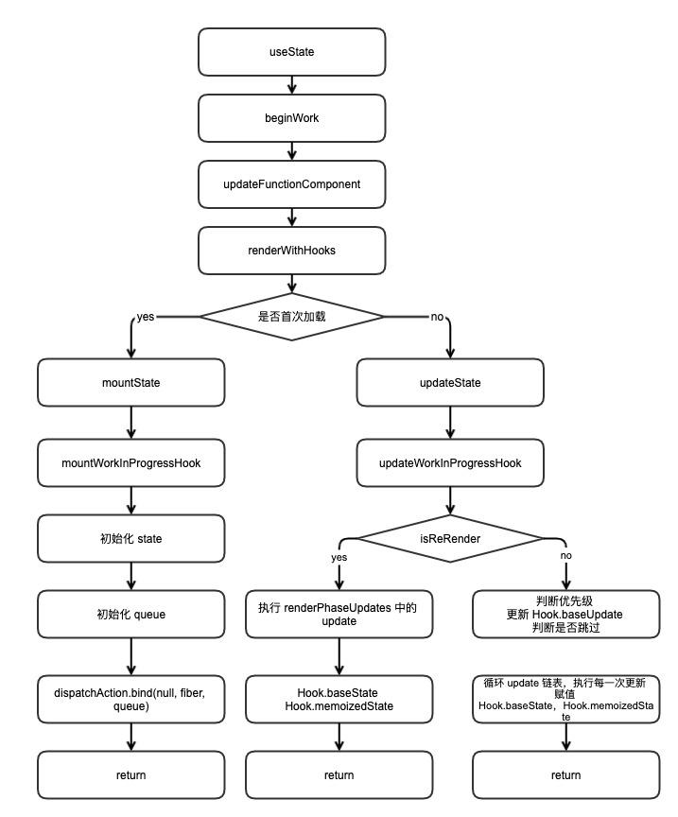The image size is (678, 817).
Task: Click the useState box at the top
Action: coord(292,51)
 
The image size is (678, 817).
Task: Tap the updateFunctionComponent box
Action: coord(292,183)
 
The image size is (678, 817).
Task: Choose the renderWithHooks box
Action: coord(292,251)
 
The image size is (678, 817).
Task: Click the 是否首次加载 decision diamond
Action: coord(292,317)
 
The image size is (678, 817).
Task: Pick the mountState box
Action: coord(131,383)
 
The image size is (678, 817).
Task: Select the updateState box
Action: coord(450,383)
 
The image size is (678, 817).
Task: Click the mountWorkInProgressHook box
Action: coord(131,462)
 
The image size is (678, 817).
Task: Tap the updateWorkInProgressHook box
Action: coord(450,462)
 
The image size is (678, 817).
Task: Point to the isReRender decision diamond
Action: coord(450,538)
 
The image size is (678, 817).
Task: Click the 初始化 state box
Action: coord(131,539)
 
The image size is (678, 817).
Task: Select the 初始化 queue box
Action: coord(131,614)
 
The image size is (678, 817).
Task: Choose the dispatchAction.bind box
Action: coord(131,700)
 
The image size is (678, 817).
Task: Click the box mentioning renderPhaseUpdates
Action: coord(339,614)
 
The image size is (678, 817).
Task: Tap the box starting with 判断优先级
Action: coord(565,614)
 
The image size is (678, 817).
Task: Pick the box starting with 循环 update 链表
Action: coord(565,700)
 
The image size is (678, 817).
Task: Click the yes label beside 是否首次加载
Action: coord(146,317)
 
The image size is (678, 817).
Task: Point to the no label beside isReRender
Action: coord(566,556)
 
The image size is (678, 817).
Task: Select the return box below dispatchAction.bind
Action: coord(131,774)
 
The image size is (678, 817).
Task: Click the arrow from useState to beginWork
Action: coord(292,84)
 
